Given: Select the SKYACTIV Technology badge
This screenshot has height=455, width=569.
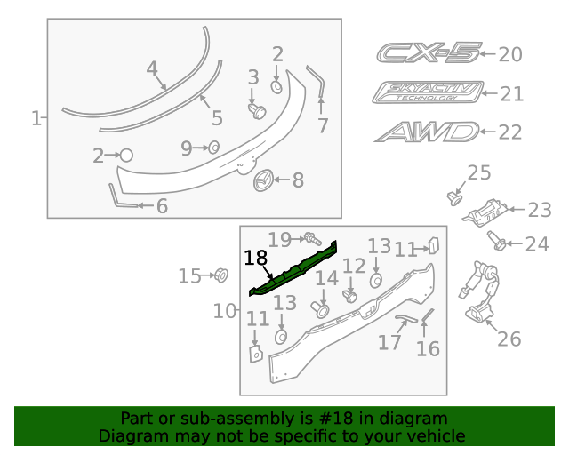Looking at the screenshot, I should tap(428, 92).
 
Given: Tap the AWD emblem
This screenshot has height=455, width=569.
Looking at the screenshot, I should tap(426, 132).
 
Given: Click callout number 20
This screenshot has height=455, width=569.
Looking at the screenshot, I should tap(509, 55).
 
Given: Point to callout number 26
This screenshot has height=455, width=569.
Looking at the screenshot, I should tap(509, 339).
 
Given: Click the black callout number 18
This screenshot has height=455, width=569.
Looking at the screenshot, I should tap(255, 258).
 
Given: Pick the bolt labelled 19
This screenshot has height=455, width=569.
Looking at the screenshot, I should tap(312, 237).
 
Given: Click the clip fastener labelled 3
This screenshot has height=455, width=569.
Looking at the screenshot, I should tap(258, 110).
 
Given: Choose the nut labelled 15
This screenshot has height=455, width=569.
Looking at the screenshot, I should tap(221, 275).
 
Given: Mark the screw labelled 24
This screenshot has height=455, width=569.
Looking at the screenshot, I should tap(496, 239).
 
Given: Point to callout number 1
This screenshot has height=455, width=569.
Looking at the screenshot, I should tap(36, 118).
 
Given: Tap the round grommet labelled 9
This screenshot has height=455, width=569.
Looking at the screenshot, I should tap(214, 148).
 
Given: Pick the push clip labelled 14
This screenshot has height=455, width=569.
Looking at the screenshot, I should tap(320, 308).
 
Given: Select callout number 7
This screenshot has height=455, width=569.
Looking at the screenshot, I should tap(323, 125).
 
